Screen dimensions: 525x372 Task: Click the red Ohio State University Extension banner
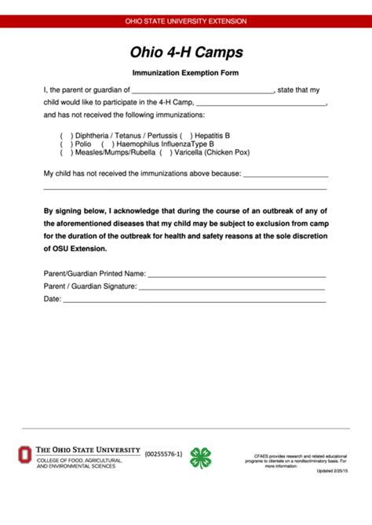point(186,21)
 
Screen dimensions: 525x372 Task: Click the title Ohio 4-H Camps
point(186,53)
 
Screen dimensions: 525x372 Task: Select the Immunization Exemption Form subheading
point(186,73)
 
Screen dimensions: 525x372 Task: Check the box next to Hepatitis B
point(185,135)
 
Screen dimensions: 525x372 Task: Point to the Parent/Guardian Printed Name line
point(236,275)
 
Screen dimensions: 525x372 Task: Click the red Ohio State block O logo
point(26,454)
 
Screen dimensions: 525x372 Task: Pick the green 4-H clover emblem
point(202,457)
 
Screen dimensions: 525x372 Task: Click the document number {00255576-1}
point(163,454)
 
